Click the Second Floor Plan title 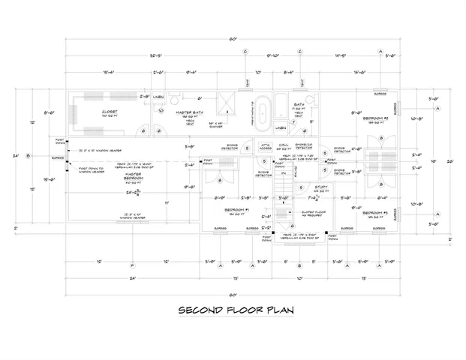coord(236,309)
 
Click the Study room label coord(299,188)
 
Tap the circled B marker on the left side coord(28,156)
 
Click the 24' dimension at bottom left coord(132,279)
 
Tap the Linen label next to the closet coord(159,98)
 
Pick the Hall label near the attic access coord(284,144)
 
